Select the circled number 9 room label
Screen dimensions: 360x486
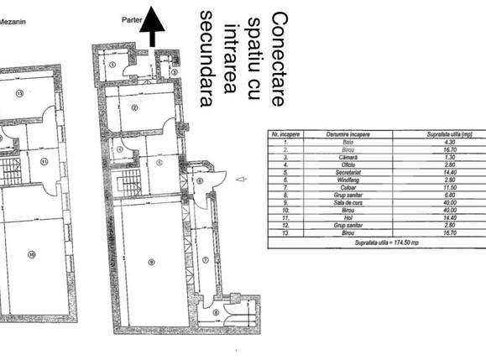coord(151,262)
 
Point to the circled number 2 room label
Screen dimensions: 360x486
coord(133,107)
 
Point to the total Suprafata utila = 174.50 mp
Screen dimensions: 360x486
coord(375,242)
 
